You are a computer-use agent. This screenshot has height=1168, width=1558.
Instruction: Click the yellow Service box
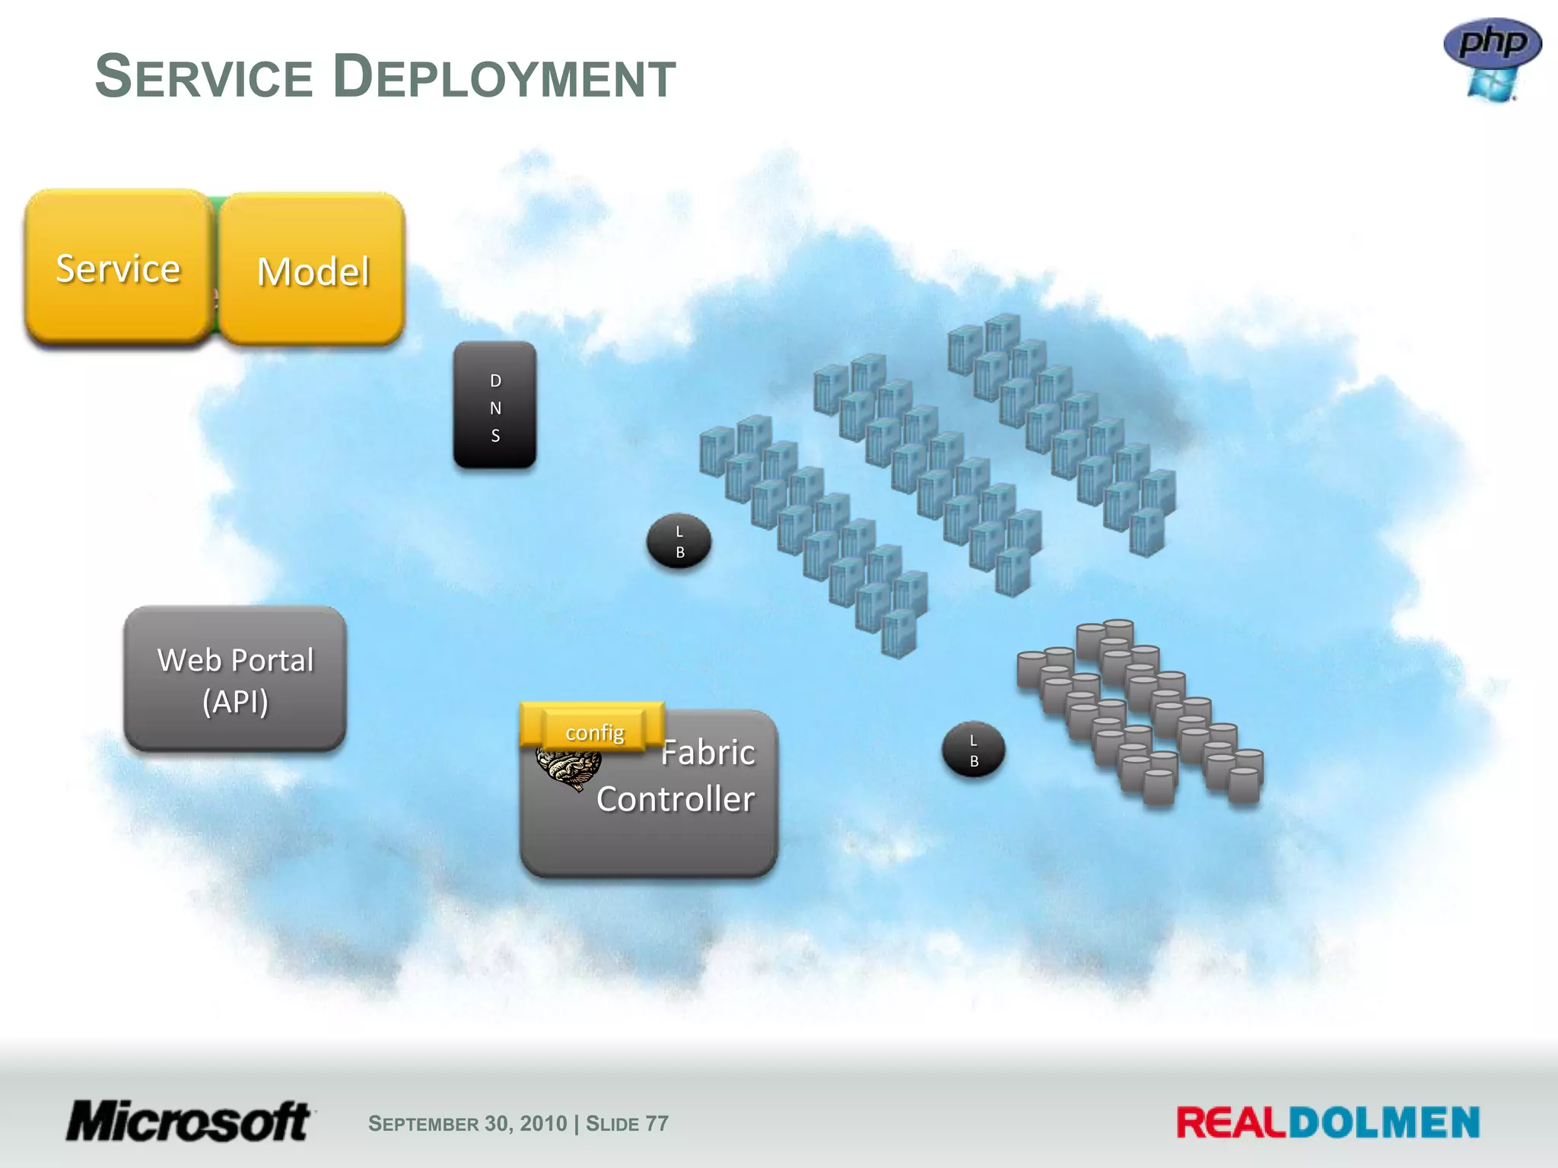pyautogui.click(x=118, y=268)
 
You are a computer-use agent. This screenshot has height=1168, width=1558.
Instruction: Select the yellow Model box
pyautogui.click(x=312, y=270)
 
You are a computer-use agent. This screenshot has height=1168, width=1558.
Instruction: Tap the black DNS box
pyautogui.click(x=495, y=405)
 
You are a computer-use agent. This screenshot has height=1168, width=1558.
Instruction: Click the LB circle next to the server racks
pyautogui.click(x=679, y=542)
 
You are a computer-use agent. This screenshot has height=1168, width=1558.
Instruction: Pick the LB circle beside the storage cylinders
pyautogui.click(x=974, y=750)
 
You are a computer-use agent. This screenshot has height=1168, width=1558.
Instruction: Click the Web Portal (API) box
pyautogui.click(x=235, y=679)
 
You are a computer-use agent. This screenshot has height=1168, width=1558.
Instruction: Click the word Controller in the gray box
pyautogui.click(x=676, y=799)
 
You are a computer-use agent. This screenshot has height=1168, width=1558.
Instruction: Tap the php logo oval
pyautogui.click(x=1493, y=43)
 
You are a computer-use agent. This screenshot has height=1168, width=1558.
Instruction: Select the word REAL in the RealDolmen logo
pyautogui.click(x=1231, y=1123)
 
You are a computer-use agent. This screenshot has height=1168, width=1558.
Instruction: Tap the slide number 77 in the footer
pyautogui.click(x=657, y=1123)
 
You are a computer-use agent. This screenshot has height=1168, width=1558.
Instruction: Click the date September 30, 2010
pyautogui.click(x=467, y=1123)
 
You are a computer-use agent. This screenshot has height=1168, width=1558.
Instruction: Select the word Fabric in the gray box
pyautogui.click(x=707, y=753)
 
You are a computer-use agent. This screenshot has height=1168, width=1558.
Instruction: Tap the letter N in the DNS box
pyautogui.click(x=495, y=408)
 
